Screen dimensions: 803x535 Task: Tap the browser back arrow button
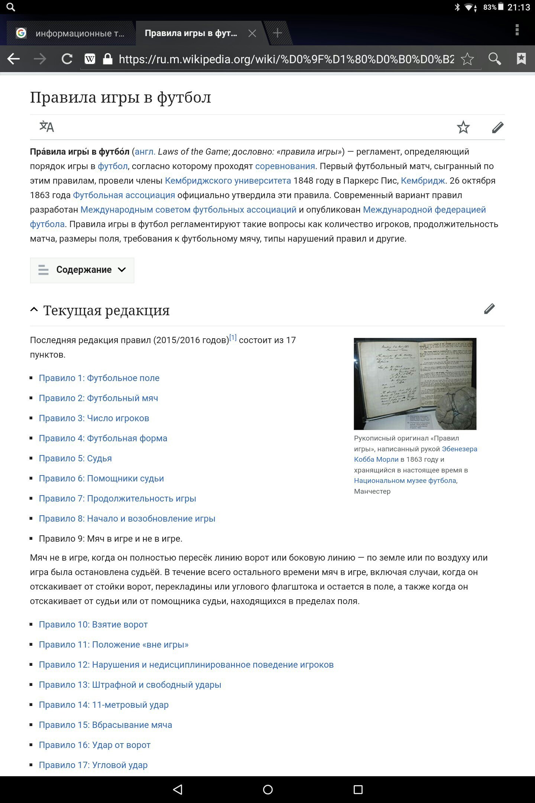point(14,59)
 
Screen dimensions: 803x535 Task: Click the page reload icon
point(67,59)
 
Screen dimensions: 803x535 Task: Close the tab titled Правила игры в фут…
point(252,33)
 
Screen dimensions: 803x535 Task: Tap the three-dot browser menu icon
point(517,30)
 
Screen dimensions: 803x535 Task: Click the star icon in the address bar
point(467,59)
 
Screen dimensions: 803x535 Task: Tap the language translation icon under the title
point(47,127)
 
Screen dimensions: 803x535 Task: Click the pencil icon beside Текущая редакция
point(489,309)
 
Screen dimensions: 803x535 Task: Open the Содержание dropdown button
point(82,270)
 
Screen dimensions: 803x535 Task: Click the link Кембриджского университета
point(228,181)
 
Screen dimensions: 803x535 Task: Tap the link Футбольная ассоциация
point(124,195)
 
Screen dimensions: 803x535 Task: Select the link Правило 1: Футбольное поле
point(99,378)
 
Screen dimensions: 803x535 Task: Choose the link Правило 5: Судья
point(75,458)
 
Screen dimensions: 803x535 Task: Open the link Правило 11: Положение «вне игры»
point(114,645)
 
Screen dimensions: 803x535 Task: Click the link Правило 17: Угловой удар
point(93,765)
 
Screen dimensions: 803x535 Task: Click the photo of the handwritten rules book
point(415,384)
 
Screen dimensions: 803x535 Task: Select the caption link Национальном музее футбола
point(405,481)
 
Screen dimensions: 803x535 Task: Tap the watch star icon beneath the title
point(463,127)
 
